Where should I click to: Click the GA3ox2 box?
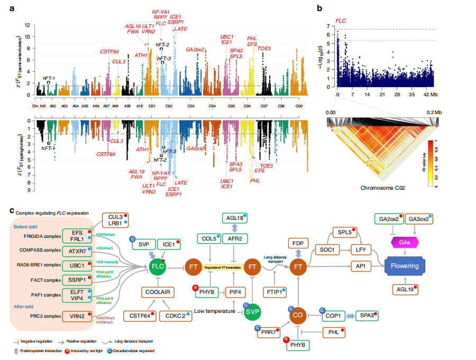(422, 219)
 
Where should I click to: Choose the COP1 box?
(333, 315)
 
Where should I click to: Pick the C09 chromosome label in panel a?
(299, 106)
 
